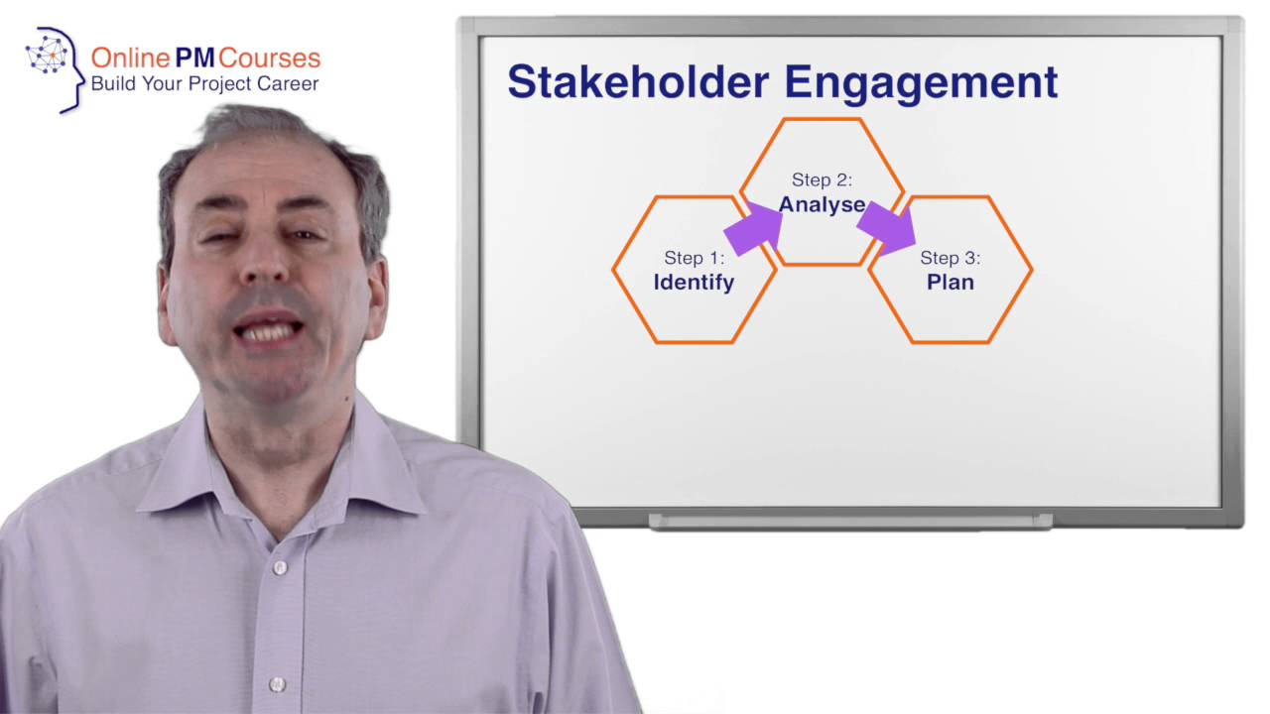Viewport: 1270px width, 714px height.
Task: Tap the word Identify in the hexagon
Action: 694,283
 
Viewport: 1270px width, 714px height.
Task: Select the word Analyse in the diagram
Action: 822,205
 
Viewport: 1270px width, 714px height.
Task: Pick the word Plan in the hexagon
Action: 951,283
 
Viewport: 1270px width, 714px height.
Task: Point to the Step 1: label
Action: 695,258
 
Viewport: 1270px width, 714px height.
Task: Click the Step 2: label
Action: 822,180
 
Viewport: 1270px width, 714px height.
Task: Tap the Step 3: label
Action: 951,258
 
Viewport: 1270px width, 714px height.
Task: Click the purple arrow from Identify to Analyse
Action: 754,229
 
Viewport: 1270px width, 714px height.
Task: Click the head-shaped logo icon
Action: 56,67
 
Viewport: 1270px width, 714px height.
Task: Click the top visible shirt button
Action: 280,568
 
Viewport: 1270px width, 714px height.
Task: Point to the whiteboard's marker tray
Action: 850,522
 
